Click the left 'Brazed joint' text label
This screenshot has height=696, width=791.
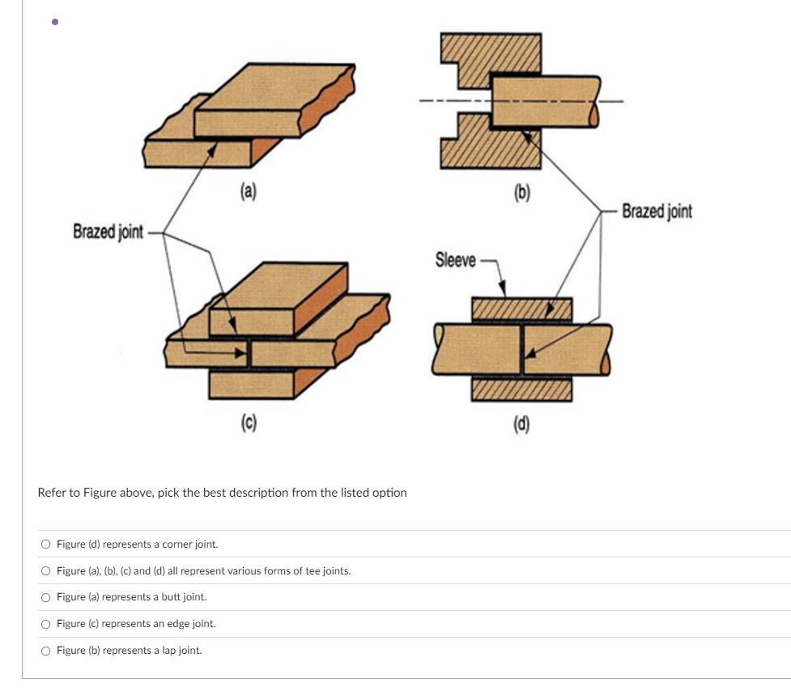pos(108,233)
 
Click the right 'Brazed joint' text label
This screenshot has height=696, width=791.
pos(657,211)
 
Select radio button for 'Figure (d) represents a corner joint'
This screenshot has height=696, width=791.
pos(46,544)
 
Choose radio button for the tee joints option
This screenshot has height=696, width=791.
pos(46,571)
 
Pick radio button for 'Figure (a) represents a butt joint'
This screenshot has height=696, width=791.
pos(46,597)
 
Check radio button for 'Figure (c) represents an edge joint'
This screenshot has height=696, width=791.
pos(46,624)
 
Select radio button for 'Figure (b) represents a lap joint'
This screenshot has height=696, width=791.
pos(46,651)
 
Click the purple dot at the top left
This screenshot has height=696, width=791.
pos(54,23)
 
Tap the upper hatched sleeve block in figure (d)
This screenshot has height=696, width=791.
pos(521,309)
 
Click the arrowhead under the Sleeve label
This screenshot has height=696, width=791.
pos(502,289)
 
